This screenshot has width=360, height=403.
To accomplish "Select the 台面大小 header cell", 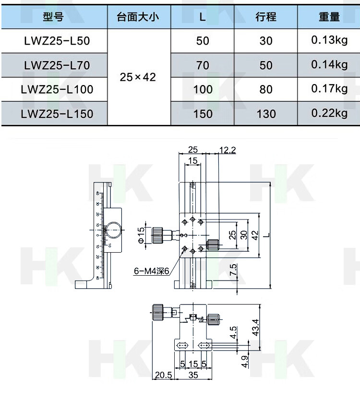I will [x=138, y=17].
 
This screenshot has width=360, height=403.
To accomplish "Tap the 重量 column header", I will [x=329, y=17].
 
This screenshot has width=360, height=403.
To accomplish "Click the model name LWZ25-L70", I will [x=57, y=65].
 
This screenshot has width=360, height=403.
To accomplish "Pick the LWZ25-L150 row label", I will [x=57, y=114].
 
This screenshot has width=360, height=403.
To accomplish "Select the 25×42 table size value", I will [x=138, y=77].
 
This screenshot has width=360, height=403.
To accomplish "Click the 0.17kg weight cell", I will [x=329, y=89].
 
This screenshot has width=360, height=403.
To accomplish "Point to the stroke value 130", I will [x=266, y=114].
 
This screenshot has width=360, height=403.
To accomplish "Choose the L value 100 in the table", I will [x=203, y=89].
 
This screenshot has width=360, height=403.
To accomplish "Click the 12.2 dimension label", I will [x=228, y=150].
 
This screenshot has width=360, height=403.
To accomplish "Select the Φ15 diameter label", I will [x=141, y=235].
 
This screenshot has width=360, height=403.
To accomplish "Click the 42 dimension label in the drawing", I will [x=255, y=235].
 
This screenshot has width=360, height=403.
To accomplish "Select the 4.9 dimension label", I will [x=245, y=361].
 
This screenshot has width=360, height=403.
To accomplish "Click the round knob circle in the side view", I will [x=114, y=230].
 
